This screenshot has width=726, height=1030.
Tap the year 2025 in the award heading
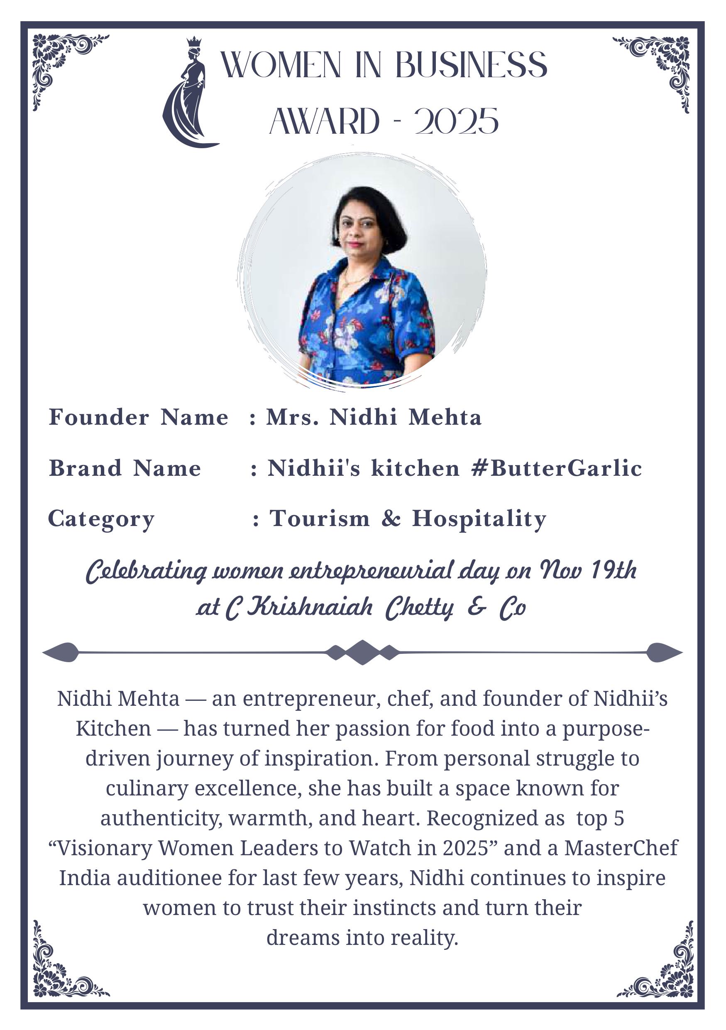pos(457,122)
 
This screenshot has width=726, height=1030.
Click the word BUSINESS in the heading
pos(471,65)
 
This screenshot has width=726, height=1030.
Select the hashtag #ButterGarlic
pos(557,468)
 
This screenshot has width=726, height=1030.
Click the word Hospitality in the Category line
pos(479,519)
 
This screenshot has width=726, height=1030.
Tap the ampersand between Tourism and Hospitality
pos(391,519)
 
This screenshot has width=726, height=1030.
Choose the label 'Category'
pos(101,519)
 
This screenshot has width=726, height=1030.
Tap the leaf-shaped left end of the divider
pos(63,652)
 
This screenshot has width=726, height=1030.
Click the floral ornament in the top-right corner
pos(659,67)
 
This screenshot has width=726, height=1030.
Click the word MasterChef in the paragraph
pos(621,848)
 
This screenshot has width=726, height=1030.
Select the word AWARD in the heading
pos(324,122)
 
